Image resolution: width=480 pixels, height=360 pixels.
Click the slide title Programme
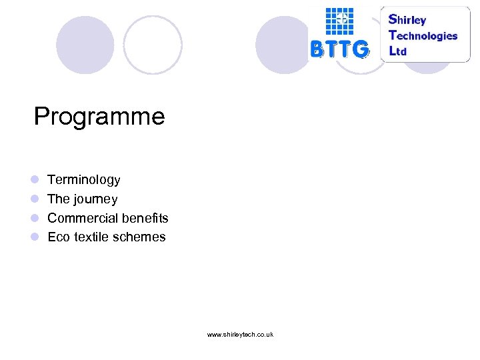[99, 117]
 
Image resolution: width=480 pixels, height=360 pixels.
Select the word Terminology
[84, 180]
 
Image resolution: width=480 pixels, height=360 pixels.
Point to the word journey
[96, 199]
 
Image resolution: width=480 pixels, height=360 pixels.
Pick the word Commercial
[77, 218]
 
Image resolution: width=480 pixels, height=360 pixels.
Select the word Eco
[59, 237]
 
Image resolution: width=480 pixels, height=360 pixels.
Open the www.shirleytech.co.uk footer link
[240, 334]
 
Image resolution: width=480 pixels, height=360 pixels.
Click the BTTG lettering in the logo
[339, 49]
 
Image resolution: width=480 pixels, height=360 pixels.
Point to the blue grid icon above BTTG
[339, 21]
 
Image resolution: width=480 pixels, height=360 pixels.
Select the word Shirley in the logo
[407, 19]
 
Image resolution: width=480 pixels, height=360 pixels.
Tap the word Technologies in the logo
[423, 35]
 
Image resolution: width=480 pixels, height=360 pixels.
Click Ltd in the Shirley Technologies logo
[398, 51]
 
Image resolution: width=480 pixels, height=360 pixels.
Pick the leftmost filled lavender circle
[85, 45]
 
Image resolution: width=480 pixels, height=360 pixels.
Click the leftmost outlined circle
[153, 45]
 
